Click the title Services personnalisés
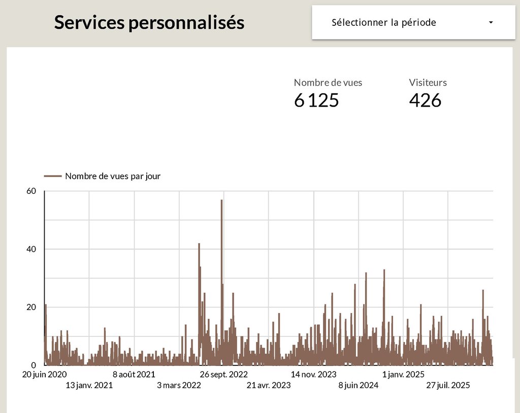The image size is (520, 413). click(x=149, y=23)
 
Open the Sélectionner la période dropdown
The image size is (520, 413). click(x=383, y=22)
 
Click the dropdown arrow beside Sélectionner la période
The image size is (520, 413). click(x=491, y=23)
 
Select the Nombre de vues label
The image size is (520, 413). click(x=328, y=82)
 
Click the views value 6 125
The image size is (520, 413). click(x=316, y=100)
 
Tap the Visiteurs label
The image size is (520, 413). click(x=428, y=82)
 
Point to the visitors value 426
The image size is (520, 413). click(x=425, y=100)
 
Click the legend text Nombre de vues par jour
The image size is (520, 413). click(x=113, y=176)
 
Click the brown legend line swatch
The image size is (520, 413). click(x=53, y=176)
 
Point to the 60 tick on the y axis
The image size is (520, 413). click(x=31, y=191)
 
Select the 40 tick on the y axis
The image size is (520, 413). click(x=31, y=249)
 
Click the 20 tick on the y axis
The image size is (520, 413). click(x=31, y=307)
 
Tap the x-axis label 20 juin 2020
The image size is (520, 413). click(x=45, y=374)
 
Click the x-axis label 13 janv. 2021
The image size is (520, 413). click(x=89, y=385)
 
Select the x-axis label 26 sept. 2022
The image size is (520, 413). click(x=223, y=374)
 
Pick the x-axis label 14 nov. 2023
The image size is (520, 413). click(x=313, y=374)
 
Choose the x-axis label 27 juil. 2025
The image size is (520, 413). click(x=448, y=385)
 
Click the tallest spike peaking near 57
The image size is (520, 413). click(x=222, y=203)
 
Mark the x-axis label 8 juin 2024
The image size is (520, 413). click(x=358, y=385)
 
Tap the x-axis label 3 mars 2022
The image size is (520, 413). click(x=179, y=385)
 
